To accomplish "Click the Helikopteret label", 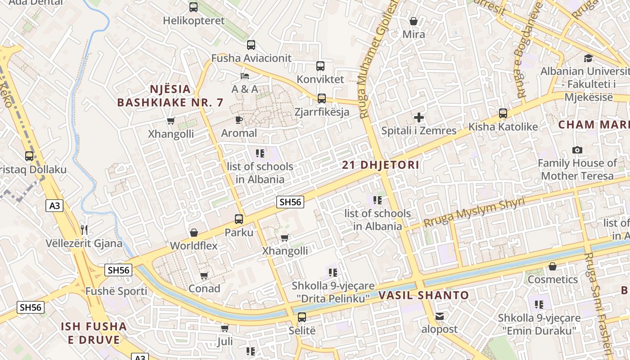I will click(193, 21).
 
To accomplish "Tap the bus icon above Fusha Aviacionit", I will click(251, 45).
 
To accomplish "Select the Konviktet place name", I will click(320, 79).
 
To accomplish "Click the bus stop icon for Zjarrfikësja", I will click(322, 99).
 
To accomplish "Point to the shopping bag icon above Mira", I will click(414, 21).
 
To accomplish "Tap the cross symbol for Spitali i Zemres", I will click(419, 118).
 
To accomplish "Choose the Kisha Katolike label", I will click(503, 127).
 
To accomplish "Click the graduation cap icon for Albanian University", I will click(588, 58).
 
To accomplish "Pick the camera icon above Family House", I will click(577, 150).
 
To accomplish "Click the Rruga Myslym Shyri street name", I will click(474, 212).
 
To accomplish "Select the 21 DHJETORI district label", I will click(381, 165).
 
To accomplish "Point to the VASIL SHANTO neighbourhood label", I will click(423, 296).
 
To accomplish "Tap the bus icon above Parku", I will click(239, 219).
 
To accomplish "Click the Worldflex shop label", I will click(193, 246).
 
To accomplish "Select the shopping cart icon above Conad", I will click(204, 275).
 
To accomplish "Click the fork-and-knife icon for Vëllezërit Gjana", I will click(84, 230).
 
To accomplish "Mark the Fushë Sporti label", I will click(116, 291).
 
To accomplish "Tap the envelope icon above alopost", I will click(440, 316).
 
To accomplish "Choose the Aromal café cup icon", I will click(239, 120).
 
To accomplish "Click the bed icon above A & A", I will click(245, 76).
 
